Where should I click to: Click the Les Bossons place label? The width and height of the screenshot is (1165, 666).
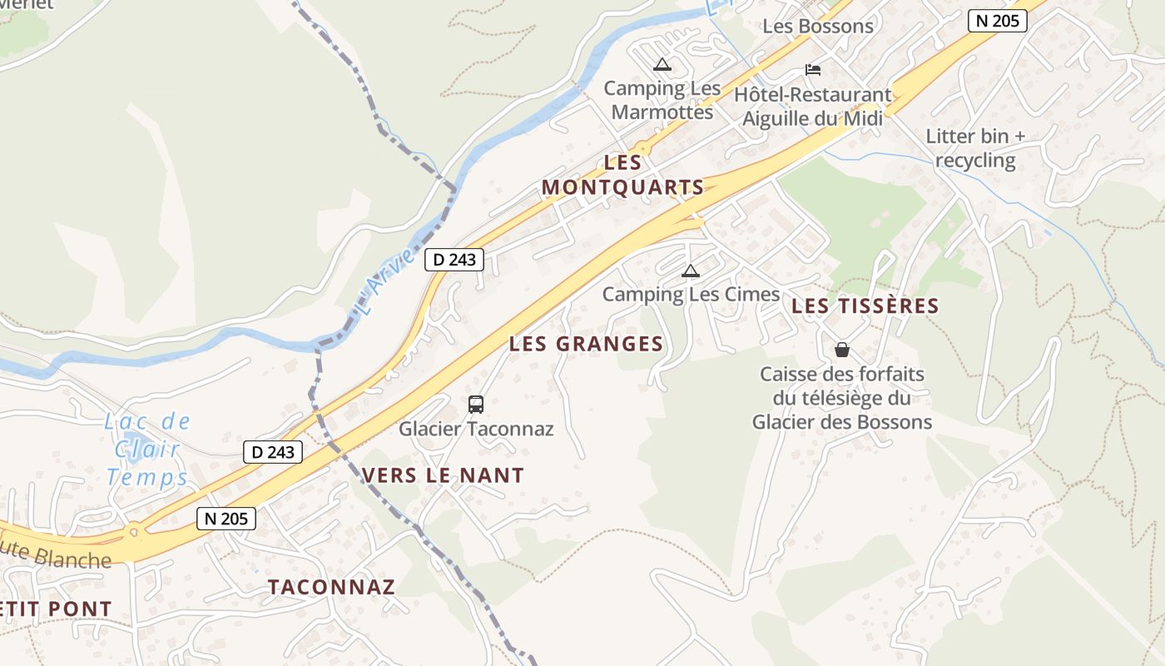(818, 26)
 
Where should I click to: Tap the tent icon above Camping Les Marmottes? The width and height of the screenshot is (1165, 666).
(662, 64)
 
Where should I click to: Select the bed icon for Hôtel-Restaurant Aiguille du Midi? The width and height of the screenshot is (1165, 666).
(812, 70)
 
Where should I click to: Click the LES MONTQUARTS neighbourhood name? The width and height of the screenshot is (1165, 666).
(623, 175)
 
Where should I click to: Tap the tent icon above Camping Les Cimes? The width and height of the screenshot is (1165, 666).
(690, 271)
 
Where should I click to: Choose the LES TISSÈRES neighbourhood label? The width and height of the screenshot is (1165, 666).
(865, 306)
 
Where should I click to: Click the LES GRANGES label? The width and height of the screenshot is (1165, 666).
(586, 344)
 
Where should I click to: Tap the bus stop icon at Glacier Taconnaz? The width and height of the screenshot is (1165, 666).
(475, 405)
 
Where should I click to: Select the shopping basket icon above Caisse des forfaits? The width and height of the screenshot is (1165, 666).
(842, 350)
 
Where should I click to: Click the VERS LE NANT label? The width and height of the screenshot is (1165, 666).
(443, 476)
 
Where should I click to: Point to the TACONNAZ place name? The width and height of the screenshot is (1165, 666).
(331, 587)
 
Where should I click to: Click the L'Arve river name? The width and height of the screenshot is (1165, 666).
(384, 282)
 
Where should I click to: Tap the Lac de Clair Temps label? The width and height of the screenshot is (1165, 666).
(147, 450)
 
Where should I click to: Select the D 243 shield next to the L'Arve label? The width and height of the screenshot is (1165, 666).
(454, 260)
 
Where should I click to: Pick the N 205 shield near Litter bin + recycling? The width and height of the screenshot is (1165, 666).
(997, 21)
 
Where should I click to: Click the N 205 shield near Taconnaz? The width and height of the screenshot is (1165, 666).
(226, 519)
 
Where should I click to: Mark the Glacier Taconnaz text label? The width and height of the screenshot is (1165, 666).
(476, 430)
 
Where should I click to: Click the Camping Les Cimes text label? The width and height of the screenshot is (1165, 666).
(691, 294)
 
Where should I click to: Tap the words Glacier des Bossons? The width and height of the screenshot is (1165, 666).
(841, 422)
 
